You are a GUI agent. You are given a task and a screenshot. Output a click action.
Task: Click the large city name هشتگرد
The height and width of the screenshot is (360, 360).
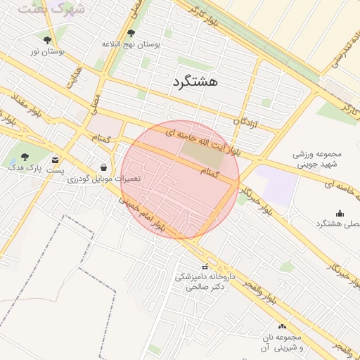click(x=194, y=82)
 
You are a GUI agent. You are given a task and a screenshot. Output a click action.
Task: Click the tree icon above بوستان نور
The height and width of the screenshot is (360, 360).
click(x=47, y=40)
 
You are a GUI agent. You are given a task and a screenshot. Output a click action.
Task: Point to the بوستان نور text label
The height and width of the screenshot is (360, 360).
click(x=47, y=51)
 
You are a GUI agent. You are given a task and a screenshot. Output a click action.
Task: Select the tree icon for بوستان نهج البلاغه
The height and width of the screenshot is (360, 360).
click(x=131, y=33)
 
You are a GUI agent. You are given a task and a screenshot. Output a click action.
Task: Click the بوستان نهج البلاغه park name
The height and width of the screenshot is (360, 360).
click(x=131, y=44)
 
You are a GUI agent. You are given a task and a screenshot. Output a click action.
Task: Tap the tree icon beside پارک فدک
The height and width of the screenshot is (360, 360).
click(x=25, y=157)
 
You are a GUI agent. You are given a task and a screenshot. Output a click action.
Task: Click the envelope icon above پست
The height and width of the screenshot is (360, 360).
click(x=56, y=160)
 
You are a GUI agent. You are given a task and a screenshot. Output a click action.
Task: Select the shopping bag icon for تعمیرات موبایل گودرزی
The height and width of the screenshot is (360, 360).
click(x=104, y=168)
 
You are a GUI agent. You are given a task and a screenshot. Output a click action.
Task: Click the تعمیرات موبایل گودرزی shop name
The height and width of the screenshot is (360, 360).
click(x=104, y=179)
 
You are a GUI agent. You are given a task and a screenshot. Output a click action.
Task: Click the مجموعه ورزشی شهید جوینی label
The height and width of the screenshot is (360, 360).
click(x=316, y=159)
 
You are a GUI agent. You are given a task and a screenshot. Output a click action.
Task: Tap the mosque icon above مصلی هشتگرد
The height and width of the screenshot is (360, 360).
click(x=340, y=213)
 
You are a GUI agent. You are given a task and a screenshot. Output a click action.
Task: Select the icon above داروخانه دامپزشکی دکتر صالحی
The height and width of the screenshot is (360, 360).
click(x=205, y=266)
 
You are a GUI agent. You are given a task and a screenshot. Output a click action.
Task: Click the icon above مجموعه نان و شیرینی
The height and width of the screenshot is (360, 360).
click(x=283, y=326)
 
